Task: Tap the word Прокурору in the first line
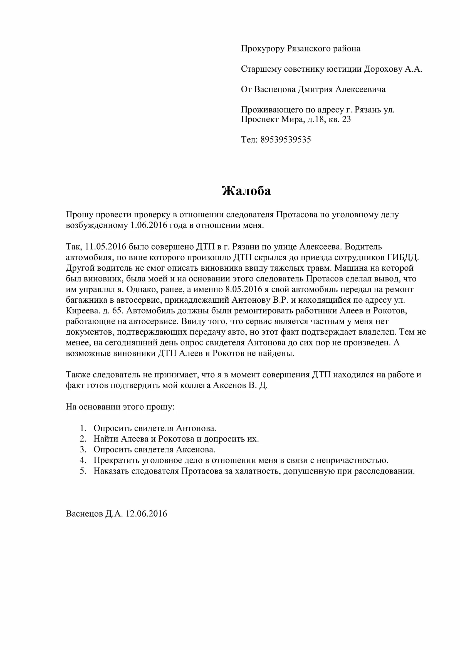[x=263, y=49]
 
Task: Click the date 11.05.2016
[x=105, y=246]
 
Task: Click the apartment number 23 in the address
[x=347, y=119]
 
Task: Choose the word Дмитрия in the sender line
[x=315, y=89]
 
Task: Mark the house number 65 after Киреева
[x=117, y=311]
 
